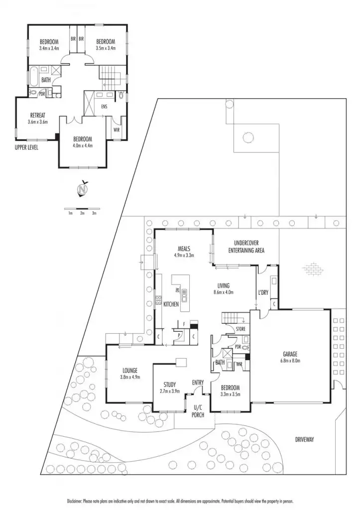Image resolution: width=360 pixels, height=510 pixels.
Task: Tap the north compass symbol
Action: (x=83, y=190)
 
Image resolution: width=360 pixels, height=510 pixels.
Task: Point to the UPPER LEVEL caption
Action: (x=26, y=147)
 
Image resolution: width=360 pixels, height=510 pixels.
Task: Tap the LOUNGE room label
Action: (x=130, y=370)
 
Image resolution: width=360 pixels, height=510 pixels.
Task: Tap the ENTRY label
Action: (x=198, y=382)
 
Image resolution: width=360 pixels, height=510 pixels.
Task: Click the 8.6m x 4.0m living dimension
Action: (x=223, y=292)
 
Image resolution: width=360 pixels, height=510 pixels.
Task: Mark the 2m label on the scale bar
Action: (x=82, y=213)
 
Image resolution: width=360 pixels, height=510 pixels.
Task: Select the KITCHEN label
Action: (x=171, y=304)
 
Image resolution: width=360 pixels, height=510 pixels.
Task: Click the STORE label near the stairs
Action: (x=240, y=329)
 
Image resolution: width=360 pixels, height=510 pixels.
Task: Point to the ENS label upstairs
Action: (x=104, y=106)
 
